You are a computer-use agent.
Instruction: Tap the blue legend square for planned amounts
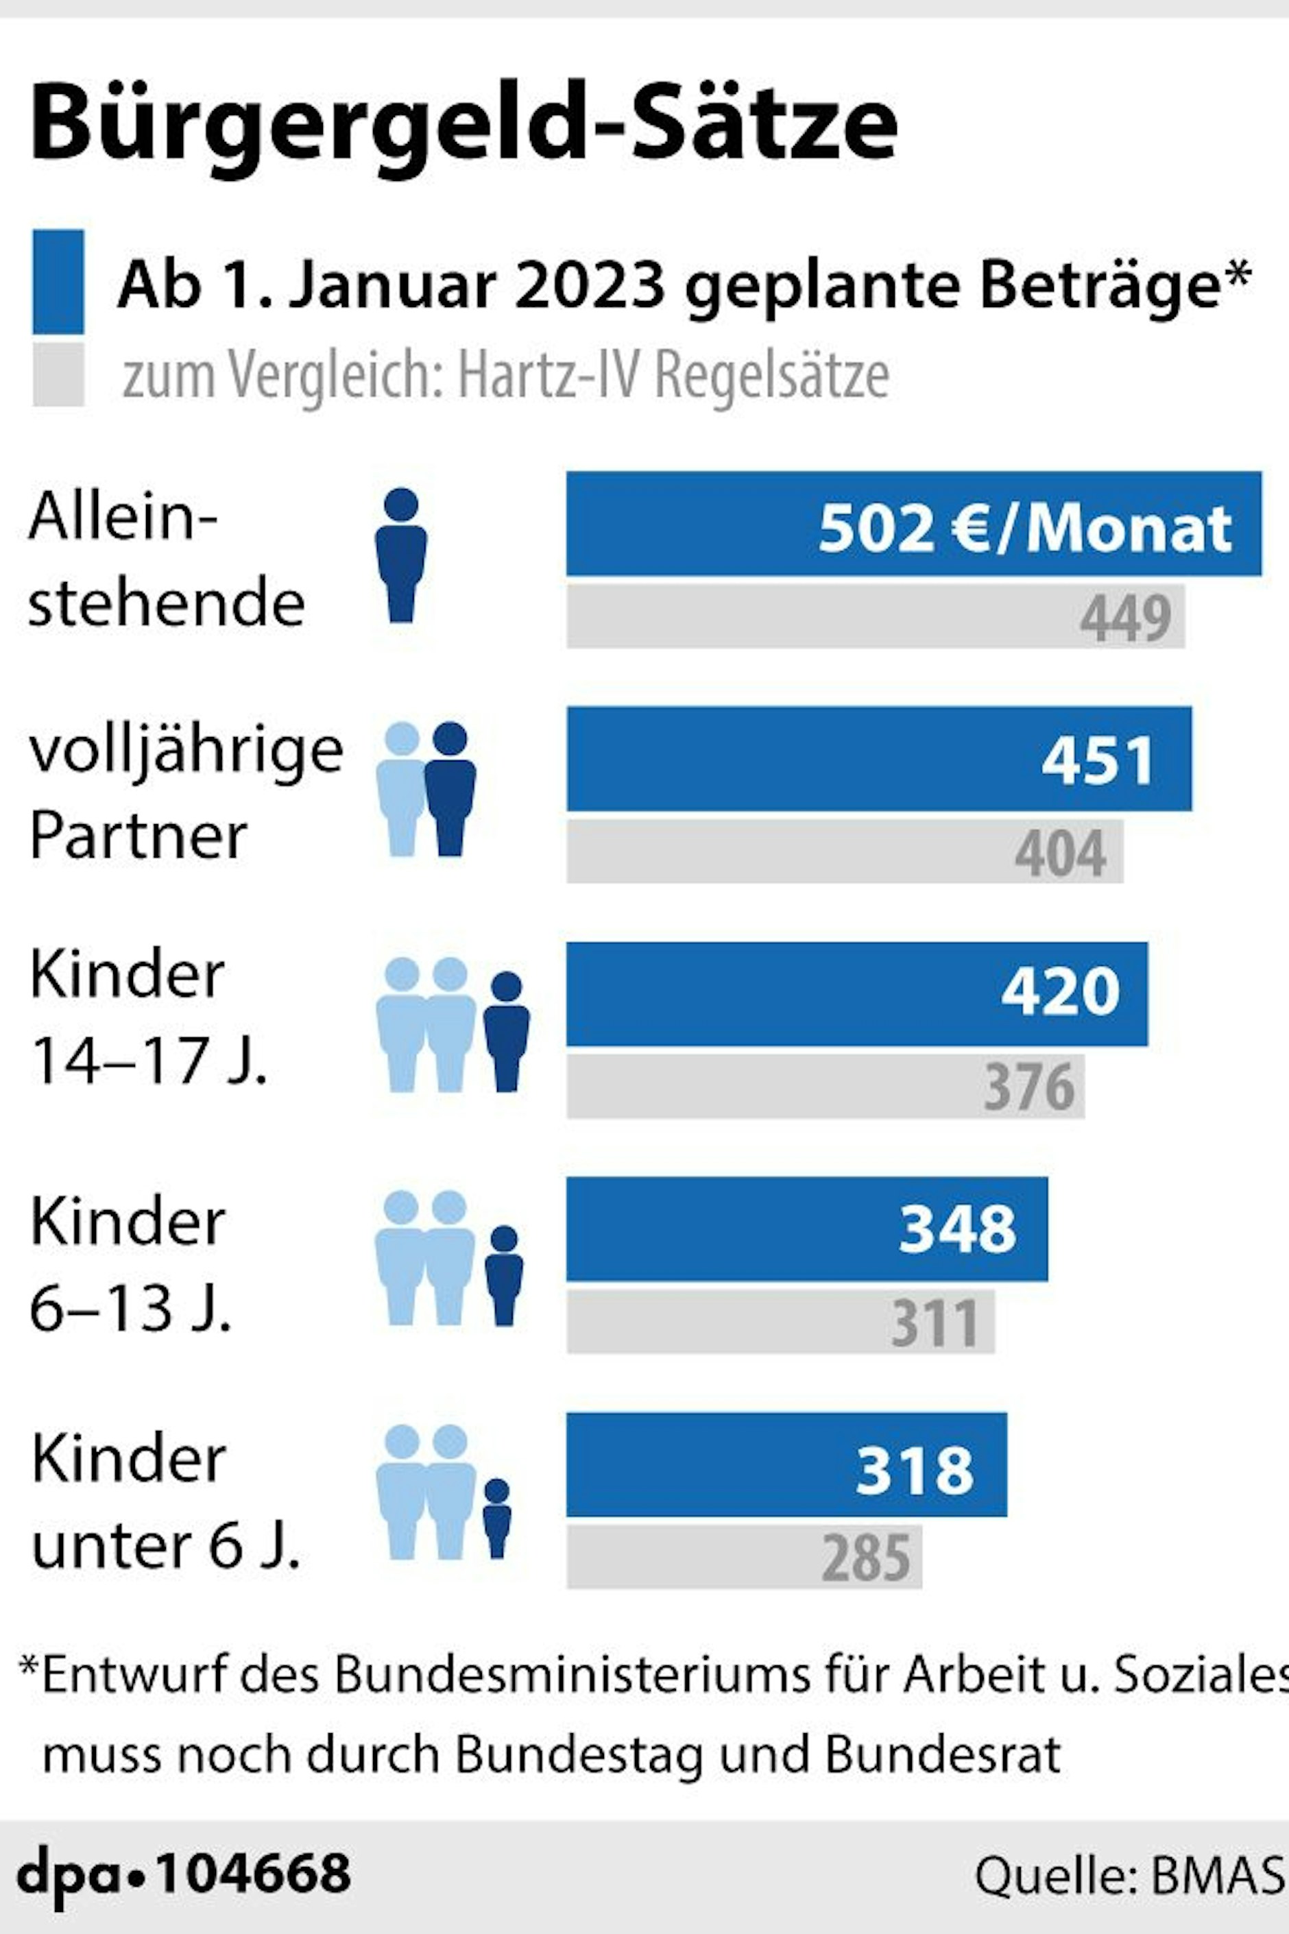pyautogui.click(x=58, y=281)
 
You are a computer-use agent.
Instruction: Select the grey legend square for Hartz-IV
pyautogui.click(x=58, y=375)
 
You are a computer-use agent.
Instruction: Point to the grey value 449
pyautogui.click(x=1124, y=618)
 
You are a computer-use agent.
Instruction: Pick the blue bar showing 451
pyautogui.click(x=878, y=759)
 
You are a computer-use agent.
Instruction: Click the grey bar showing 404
pyautogui.click(x=844, y=851)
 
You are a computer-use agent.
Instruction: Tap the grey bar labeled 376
pyautogui.click(x=826, y=1087)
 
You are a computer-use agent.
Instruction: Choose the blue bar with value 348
pyautogui.click(x=806, y=1229)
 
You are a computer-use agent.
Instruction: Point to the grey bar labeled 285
pyautogui.click(x=744, y=1557)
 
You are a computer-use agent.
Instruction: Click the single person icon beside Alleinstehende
pyautogui.click(x=400, y=555)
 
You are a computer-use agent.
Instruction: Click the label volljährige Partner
pyautogui.click(x=185, y=793)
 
